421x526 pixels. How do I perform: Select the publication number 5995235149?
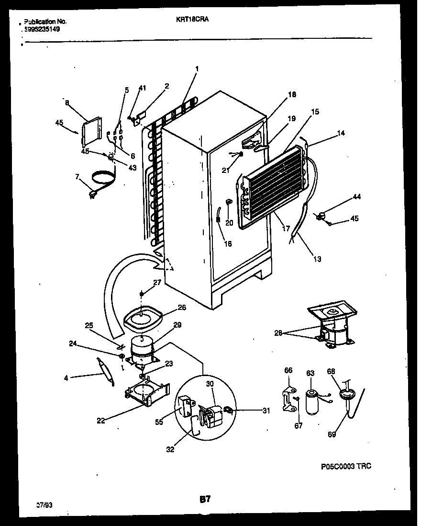tap(42, 29)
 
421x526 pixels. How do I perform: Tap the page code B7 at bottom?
tap(205, 499)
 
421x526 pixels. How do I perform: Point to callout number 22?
tap(100, 421)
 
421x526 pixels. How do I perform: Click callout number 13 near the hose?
tap(317, 259)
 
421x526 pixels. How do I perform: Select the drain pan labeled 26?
tap(142, 318)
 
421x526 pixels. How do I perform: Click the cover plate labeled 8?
tap(91, 130)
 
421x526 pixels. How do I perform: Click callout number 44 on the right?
tap(357, 197)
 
